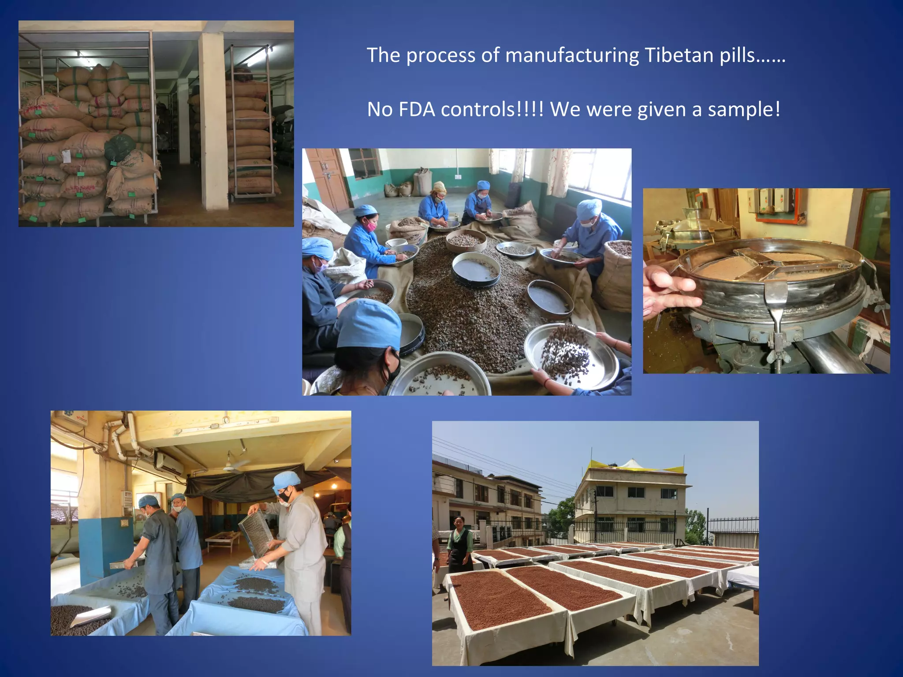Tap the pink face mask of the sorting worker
371,226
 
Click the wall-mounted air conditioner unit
169,463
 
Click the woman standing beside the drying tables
459,544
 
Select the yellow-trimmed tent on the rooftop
633,465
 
